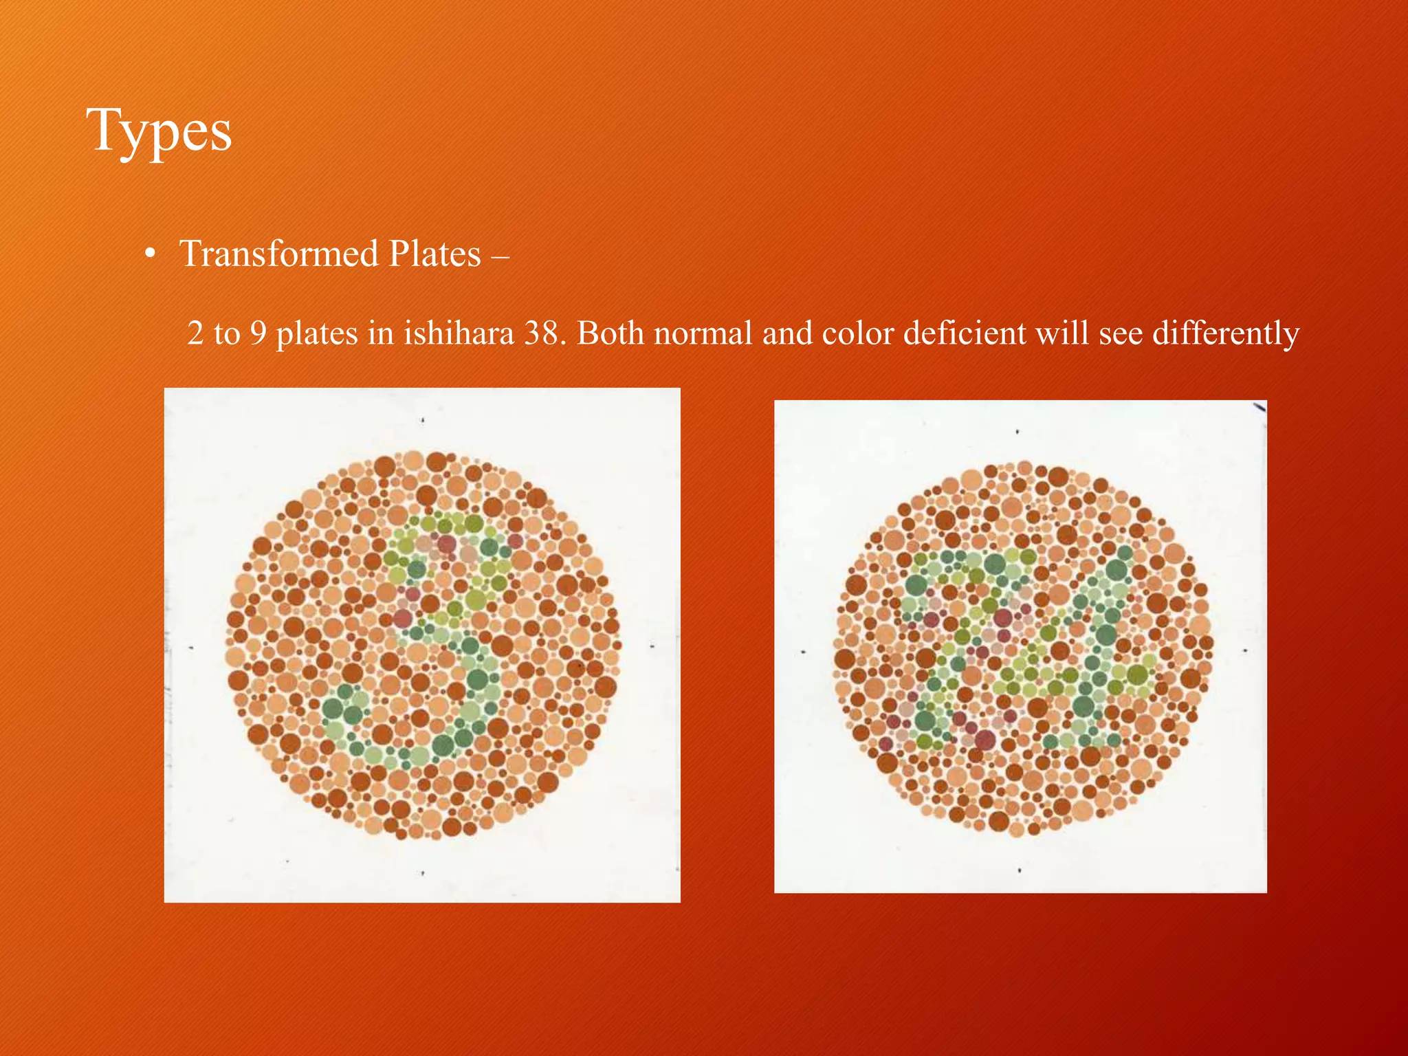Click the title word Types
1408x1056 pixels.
[x=159, y=131]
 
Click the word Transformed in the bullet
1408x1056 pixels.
[x=278, y=254]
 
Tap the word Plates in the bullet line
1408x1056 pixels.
[x=434, y=254]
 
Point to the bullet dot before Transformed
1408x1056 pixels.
[x=149, y=255]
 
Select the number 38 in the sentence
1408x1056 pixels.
[x=544, y=333]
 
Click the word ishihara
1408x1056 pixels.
[x=458, y=333]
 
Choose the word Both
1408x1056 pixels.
[x=610, y=333]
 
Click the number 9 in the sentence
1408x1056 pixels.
[x=258, y=334]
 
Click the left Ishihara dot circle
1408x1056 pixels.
[x=423, y=645]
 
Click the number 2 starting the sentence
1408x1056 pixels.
[x=195, y=334]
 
